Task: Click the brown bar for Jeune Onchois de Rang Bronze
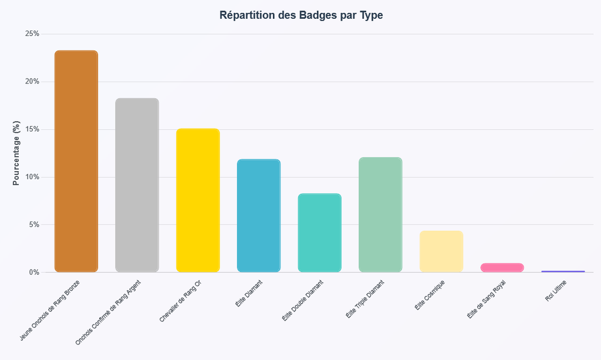(x=76, y=162)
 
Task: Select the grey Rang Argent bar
(x=137, y=185)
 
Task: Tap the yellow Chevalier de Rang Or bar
(x=198, y=200)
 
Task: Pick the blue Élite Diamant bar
(x=259, y=216)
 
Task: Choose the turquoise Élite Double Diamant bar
(x=319, y=233)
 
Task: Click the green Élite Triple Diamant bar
(x=380, y=214)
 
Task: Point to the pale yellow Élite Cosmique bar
(x=441, y=251)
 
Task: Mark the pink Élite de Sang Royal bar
(x=502, y=267)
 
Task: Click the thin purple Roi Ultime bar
(x=563, y=271)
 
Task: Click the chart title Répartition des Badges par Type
(x=300, y=15)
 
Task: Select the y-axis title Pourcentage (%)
(x=16, y=153)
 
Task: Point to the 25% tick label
(x=32, y=34)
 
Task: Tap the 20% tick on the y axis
(x=32, y=82)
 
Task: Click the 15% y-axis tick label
(x=32, y=129)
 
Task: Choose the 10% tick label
(x=32, y=177)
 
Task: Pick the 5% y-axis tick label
(x=33, y=225)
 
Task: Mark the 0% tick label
(x=33, y=272)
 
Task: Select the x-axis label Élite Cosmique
(x=430, y=295)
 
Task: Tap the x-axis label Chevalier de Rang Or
(x=181, y=301)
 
